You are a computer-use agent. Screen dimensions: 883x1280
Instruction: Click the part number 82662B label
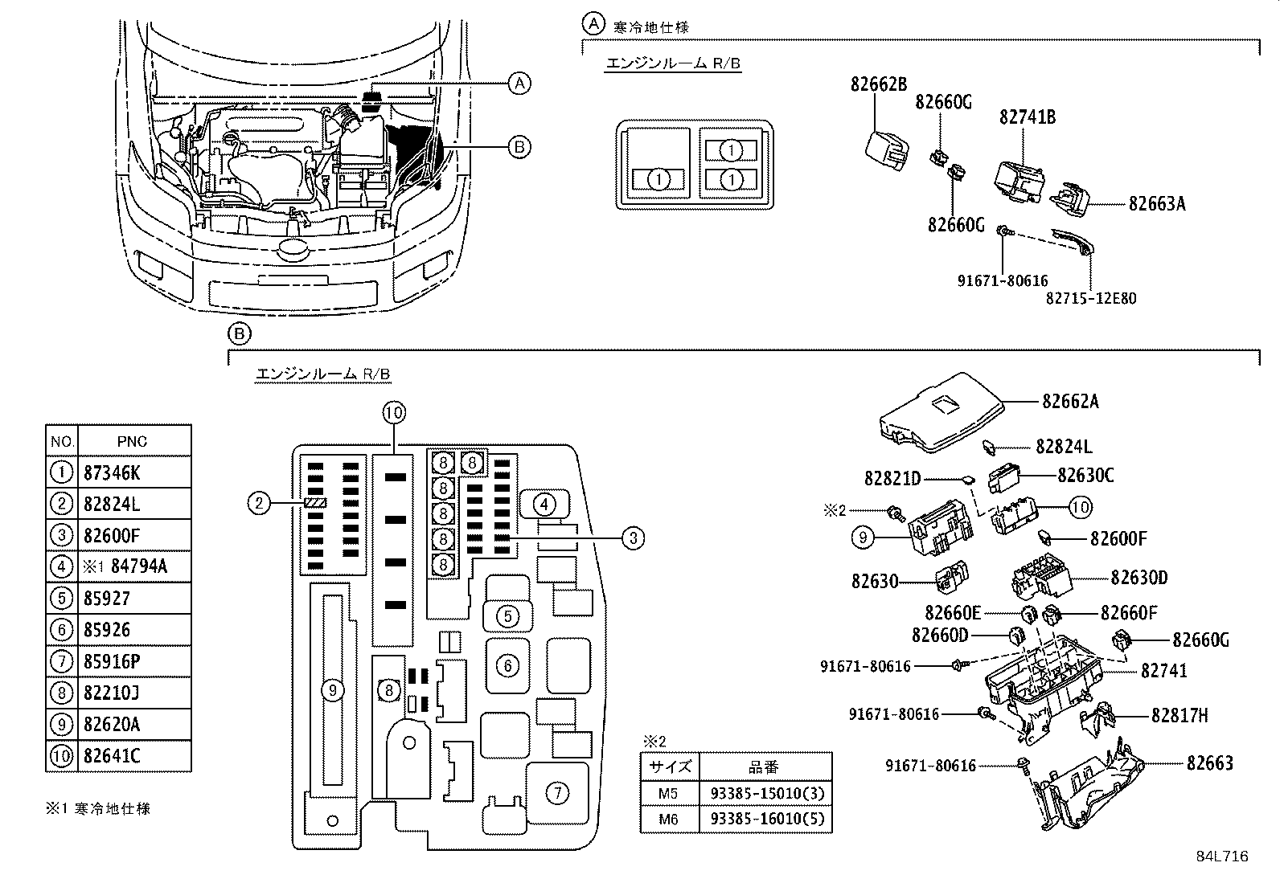click(x=879, y=84)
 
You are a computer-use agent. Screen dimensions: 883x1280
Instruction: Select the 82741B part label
click(x=1028, y=117)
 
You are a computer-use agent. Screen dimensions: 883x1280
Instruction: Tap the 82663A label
click(x=1156, y=204)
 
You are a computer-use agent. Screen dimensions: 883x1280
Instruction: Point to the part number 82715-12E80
click(x=1091, y=298)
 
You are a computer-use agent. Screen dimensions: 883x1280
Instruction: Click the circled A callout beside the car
click(x=520, y=83)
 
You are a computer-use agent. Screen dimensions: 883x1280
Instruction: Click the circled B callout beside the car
click(x=520, y=147)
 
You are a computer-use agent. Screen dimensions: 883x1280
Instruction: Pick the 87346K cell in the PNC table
click(x=112, y=472)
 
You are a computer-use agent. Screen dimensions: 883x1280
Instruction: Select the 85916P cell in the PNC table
click(x=112, y=661)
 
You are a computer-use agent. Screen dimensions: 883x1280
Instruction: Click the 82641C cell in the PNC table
click(x=112, y=756)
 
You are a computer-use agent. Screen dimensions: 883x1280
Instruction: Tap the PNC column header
click(x=133, y=441)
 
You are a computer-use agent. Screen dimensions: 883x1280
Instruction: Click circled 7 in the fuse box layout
click(x=556, y=793)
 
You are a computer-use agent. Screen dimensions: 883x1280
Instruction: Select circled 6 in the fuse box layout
click(x=507, y=665)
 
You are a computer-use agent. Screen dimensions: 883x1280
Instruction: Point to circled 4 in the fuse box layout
click(x=544, y=505)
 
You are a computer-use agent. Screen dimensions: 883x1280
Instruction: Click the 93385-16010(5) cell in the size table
click(x=767, y=820)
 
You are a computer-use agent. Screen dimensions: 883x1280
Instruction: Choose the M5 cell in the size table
click(x=668, y=793)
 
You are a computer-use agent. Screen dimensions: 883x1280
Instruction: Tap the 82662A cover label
click(x=1070, y=402)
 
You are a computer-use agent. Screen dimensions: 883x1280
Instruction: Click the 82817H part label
click(x=1179, y=715)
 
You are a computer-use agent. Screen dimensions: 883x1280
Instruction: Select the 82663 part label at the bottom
click(x=1209, y=762)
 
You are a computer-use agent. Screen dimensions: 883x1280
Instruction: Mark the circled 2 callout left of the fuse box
click(x=258, y=504)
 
